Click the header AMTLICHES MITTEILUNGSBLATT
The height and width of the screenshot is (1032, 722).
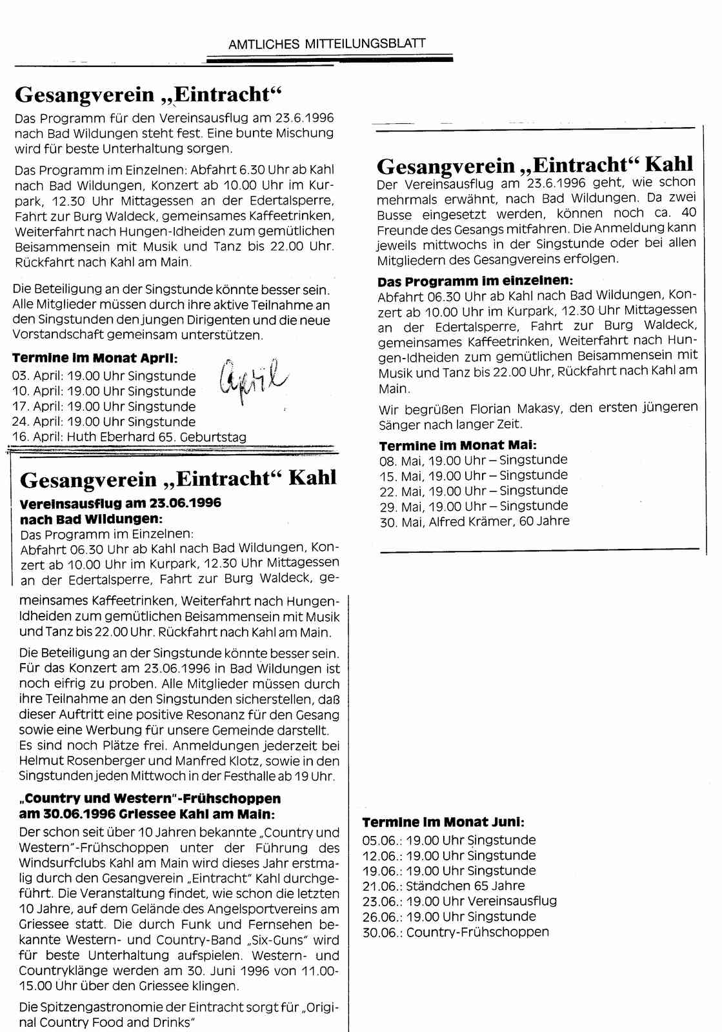(327, 44)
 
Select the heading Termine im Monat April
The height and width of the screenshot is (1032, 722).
(95, 358)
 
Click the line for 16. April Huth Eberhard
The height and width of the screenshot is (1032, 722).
(129, 437)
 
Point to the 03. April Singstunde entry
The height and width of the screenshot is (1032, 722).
(104, 376)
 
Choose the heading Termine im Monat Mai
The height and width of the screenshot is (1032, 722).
(457, 446)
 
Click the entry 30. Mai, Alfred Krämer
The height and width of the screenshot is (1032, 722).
(474, 521)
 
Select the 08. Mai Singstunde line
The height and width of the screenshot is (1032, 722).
(474, 460)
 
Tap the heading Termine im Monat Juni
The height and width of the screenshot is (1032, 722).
(443, 822)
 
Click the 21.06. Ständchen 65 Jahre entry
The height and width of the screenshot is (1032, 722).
(443, 886)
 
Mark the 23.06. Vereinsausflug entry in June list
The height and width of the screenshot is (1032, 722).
(459, 901)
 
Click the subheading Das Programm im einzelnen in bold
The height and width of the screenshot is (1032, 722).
(474, 282)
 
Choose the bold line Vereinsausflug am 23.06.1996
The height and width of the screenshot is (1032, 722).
(121, 503)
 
